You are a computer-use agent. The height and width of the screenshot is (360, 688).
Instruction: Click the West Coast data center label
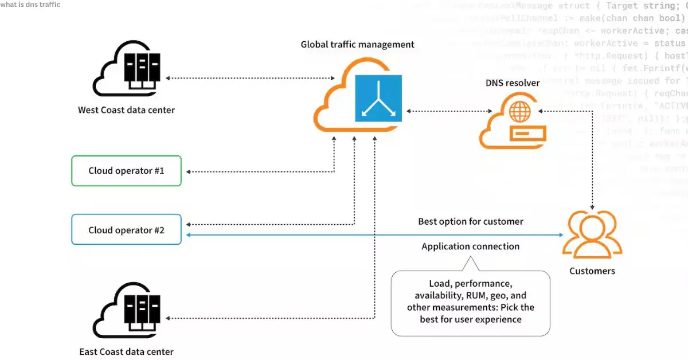pyautogui.click(x=126, y=109)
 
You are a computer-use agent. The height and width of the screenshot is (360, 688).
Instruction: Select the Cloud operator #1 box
pyautogui.click(x=126, y=171)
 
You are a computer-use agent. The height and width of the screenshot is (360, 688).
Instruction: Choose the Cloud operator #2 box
pyautogui.click(x=126, y=230)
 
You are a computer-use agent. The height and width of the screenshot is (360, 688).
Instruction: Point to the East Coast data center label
pyautogui.click(x=126, y=351)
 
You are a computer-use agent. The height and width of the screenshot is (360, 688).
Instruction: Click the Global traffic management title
pyautogui.click(x=357, y=44)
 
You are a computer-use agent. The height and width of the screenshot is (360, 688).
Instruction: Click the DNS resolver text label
pyautogui.click(x=513, y=83)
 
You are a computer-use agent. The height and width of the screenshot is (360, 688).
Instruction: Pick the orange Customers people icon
pyautogui.click(x=592, y=235)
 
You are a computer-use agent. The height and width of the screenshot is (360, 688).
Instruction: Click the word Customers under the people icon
pyautogui.click(x=592, y=271)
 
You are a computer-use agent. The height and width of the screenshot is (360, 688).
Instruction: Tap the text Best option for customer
pyautogui.click(x=470, y=221)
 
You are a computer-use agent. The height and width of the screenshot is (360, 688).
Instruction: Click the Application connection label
pyautogui.click(x=470, y=246)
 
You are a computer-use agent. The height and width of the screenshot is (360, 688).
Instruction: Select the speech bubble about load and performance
pyautogui.click(x=470, y=302)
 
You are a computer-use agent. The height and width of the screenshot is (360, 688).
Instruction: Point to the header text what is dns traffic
pyautogui.click(x=30, y=5)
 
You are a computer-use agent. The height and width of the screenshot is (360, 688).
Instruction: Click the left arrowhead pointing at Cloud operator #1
pyautogui.click(x=189, y=171)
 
